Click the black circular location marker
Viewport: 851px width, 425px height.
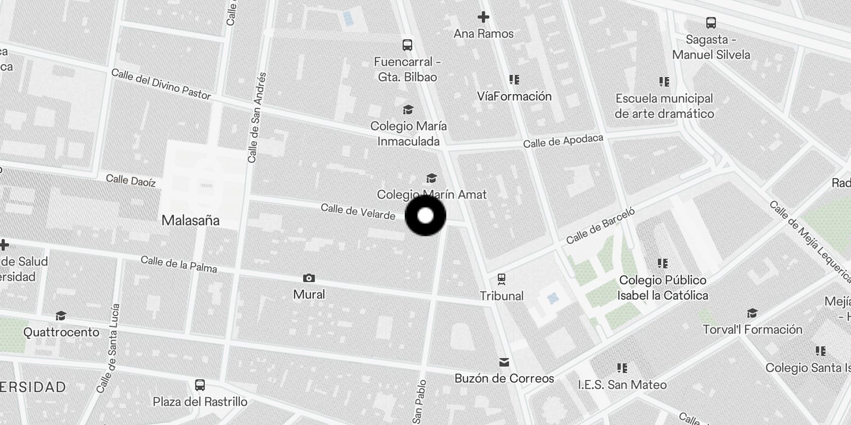[425, 216]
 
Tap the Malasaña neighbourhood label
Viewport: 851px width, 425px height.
[190, 220]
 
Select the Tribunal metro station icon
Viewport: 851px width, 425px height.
[501, 278]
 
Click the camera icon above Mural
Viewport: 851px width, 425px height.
[308, 278]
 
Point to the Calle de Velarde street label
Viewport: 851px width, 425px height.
[358, 211]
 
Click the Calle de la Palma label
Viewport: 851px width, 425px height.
[179, 264]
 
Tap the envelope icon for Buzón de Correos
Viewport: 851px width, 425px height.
[504, 362]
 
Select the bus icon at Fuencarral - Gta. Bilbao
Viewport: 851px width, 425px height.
[407, 45]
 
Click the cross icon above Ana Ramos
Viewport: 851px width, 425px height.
[483, 18]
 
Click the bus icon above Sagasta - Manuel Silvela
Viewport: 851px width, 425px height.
[711, 23]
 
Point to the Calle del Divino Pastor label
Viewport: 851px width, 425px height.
[161, 84]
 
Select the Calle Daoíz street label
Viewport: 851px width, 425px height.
[131, 181]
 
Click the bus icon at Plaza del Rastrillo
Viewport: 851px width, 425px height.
[200, 385]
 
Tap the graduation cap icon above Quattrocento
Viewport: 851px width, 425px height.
[61, 316]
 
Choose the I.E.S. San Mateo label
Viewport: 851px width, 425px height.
[622, 385]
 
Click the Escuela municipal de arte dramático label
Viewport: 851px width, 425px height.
[664, 106]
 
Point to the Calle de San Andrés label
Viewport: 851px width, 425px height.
[256, 117]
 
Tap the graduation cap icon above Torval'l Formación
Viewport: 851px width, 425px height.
[752, 313]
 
